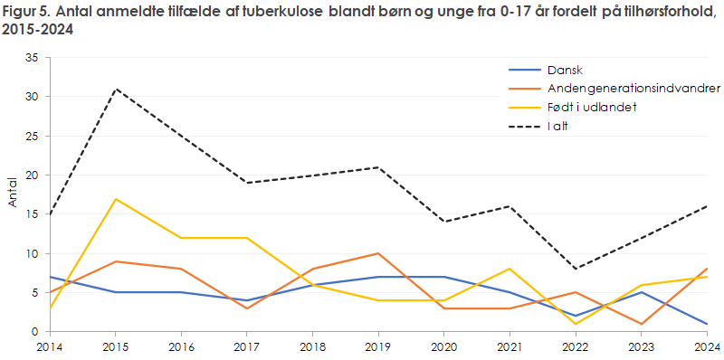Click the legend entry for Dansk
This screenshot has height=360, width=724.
point(566,70)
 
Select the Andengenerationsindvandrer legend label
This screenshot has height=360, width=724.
point(633,89)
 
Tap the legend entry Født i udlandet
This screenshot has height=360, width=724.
point(592,108)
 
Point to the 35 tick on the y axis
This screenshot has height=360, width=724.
point(32,57)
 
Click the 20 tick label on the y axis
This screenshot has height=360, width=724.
point(32,175)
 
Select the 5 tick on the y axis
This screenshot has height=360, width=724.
point(34,293)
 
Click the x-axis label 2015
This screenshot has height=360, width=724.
point(114,346)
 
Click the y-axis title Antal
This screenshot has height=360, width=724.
point(12,194)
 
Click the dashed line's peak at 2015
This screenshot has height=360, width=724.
point(116,89)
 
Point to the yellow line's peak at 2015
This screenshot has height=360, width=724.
point(116,199)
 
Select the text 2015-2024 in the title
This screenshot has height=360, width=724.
point(39,30)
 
